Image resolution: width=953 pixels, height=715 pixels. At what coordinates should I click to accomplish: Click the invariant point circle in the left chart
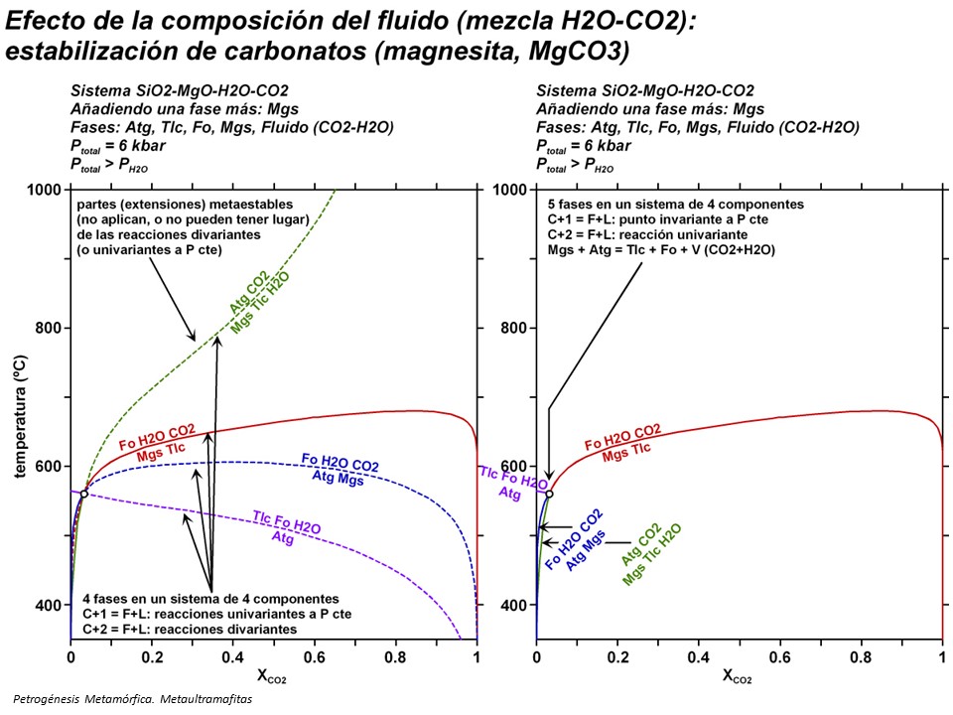84,494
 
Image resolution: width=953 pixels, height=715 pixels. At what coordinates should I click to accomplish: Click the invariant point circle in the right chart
549,494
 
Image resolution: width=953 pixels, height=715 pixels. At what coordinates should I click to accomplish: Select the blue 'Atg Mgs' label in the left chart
338,480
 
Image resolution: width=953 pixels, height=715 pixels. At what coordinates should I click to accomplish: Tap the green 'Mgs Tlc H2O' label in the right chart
652,554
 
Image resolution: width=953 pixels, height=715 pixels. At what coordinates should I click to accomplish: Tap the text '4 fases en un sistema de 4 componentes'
211,598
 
